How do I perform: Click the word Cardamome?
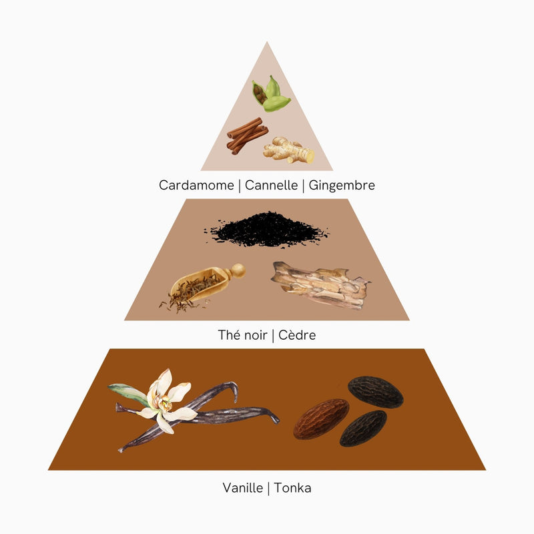click(196, 186)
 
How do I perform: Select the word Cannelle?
click(271, 186)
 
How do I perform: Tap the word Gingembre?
click(342, 186)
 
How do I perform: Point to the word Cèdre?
click(297, 335)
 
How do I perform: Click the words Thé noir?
click(242, 335)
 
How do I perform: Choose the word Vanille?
click(243, 488)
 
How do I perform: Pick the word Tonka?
click(292, 488)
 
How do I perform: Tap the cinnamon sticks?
click(248, 136)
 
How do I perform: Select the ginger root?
click(289, 150)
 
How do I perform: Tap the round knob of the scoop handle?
click(238, 271)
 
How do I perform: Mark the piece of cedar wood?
click(321, 286)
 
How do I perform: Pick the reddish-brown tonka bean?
click(321, 419)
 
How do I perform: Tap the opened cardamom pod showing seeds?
click(259, 92)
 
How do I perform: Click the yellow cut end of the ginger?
click(309, 156)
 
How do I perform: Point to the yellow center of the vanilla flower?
click(165, 404)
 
